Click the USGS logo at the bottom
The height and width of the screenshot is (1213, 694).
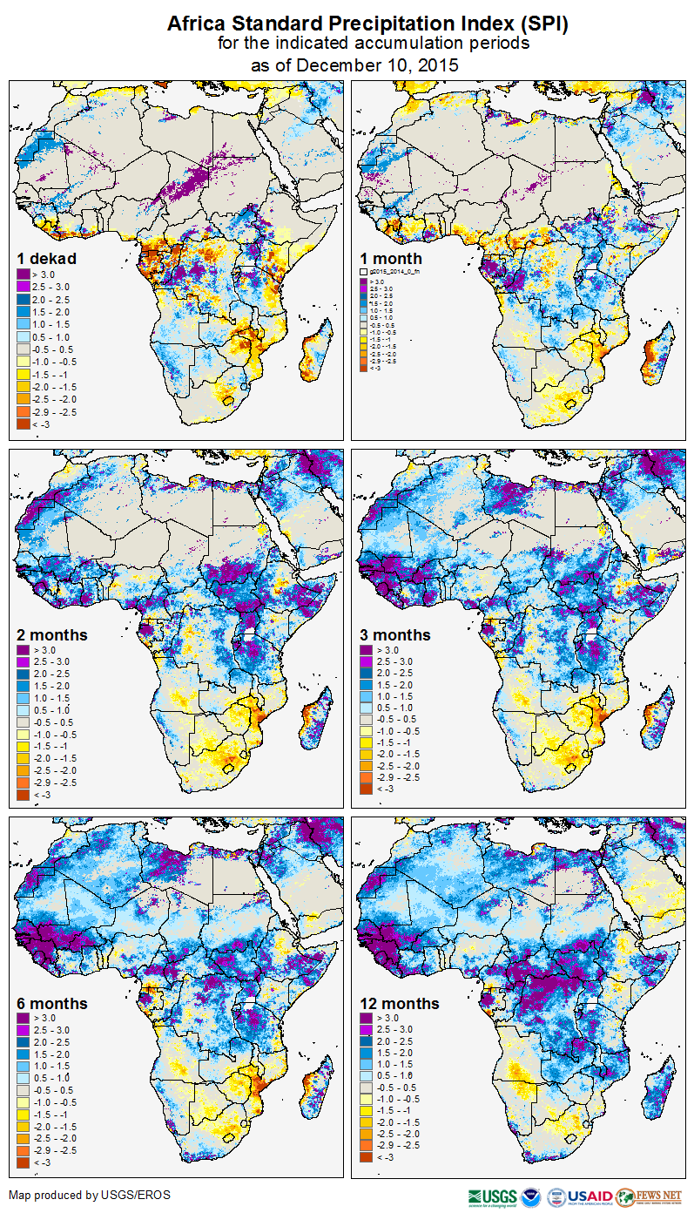pyautogui.click(x=493, y=1196)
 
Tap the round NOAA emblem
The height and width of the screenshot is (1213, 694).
pyautogui.click(x=532, y=1196)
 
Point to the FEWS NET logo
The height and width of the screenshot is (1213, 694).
pyautogui.click(x=649, y=1196)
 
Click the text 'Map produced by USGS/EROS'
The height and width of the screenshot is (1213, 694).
pyautogui.click(x=77, y=1195)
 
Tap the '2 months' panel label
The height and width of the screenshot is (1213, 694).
pyautogui.click(x=52, y=634)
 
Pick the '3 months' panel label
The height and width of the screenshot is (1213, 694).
pyautogui.click(x=395, y=634)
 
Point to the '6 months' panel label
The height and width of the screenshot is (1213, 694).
pyautogui.click(x=52, y=1003)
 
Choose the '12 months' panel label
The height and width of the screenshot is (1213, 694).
pyautogui.click(x=399, y=1003)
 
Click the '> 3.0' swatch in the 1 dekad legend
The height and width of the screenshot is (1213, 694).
pyautogui.click(x=23, y=274)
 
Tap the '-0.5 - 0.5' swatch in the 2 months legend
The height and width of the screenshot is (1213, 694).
pyautogui.click(x=23, y=722)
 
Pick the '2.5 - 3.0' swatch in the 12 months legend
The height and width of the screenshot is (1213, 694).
pyautogui.click(x=367, y=1030)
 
